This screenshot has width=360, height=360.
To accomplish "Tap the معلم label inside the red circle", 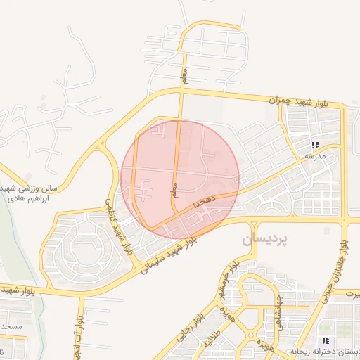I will (x=174, y=191).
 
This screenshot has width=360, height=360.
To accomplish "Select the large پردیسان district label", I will (x=265, y=240).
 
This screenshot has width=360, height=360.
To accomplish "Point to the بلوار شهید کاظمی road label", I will (x=118, y=225).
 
